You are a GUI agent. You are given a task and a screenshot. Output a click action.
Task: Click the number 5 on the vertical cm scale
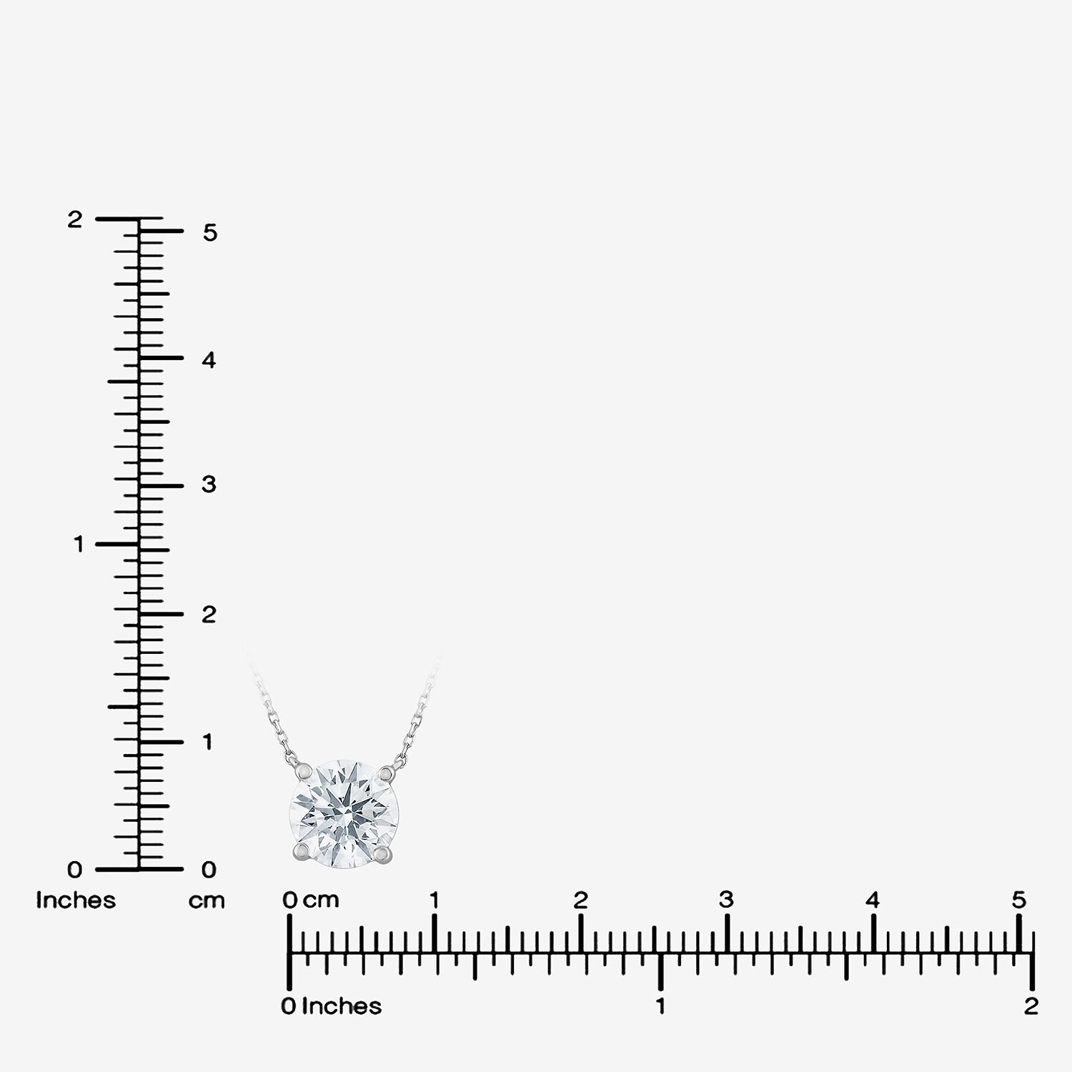[x=209, y=232]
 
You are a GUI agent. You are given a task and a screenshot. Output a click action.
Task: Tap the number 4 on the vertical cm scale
[x=209, y=360]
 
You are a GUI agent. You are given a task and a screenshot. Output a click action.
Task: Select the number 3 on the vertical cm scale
[x=209, y=485]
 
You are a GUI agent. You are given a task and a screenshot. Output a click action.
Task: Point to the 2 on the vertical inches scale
[x=75, y=219]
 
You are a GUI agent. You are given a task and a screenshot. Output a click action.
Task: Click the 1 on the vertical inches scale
[x=79, y=545]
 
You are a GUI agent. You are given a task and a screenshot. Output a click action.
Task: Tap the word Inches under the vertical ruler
[x=76, y=900]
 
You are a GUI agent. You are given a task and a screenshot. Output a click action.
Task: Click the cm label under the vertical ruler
[x=207, y=901]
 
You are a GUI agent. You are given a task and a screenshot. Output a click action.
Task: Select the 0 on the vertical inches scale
[x=75, y=870]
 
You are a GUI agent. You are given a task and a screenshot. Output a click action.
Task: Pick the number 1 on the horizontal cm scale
[x=434, y=900]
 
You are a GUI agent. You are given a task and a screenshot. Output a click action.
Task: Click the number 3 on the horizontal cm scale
[x=726, y=900]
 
